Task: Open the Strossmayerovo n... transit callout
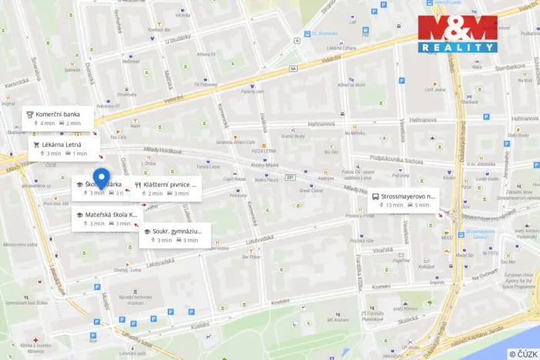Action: [408, 196]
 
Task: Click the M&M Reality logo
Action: [458, 33]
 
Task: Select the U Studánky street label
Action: [176, 39]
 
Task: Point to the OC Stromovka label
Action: [326, 33]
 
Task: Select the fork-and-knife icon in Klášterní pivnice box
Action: [137, 185]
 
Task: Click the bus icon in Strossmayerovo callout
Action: [375, 196]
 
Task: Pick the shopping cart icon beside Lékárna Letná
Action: [35, 144]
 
